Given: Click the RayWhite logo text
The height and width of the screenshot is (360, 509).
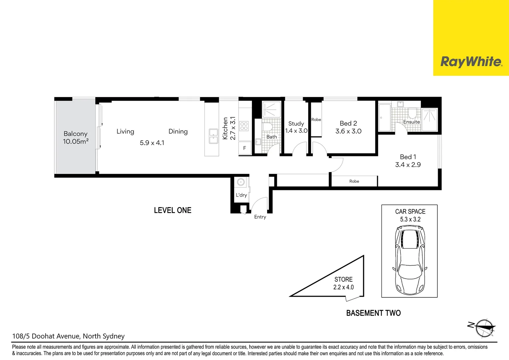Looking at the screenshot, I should (x=471, y=62).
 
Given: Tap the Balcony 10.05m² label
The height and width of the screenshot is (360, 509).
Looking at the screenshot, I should (x=76, y=137).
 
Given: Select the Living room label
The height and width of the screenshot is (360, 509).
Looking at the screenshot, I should (x=125, y=131).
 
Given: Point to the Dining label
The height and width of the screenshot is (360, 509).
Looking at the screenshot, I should (x=178, y=131).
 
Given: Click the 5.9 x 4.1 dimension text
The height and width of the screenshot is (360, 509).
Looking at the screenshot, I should (x=152, y=143).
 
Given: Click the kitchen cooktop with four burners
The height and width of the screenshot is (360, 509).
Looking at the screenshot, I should (x=244, y=126).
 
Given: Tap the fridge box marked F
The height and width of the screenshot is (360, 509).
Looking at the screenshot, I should (x=245, y=148).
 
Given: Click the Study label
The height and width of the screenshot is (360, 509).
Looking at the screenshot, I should (x=296, y=124).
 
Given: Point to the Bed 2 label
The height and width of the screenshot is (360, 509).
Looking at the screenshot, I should (x=348, y=123).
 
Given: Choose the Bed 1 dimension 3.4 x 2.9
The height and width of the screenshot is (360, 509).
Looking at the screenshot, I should (x=408, y=165).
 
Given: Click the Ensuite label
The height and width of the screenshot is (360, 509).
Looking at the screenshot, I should (x=411, y=122).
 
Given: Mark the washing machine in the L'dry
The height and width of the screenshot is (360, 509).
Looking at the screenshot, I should (x=241, y=182).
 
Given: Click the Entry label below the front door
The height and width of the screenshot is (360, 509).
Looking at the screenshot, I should (x=260, y=217).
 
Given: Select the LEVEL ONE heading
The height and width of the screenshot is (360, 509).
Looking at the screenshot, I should (x=173, y=210).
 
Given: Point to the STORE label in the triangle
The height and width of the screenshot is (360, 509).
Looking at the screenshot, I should (x=343, y=279).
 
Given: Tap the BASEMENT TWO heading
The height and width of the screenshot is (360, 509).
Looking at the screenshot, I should (x=373, y=313).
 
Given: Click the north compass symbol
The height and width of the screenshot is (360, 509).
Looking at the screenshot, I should (x=484, y=328).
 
